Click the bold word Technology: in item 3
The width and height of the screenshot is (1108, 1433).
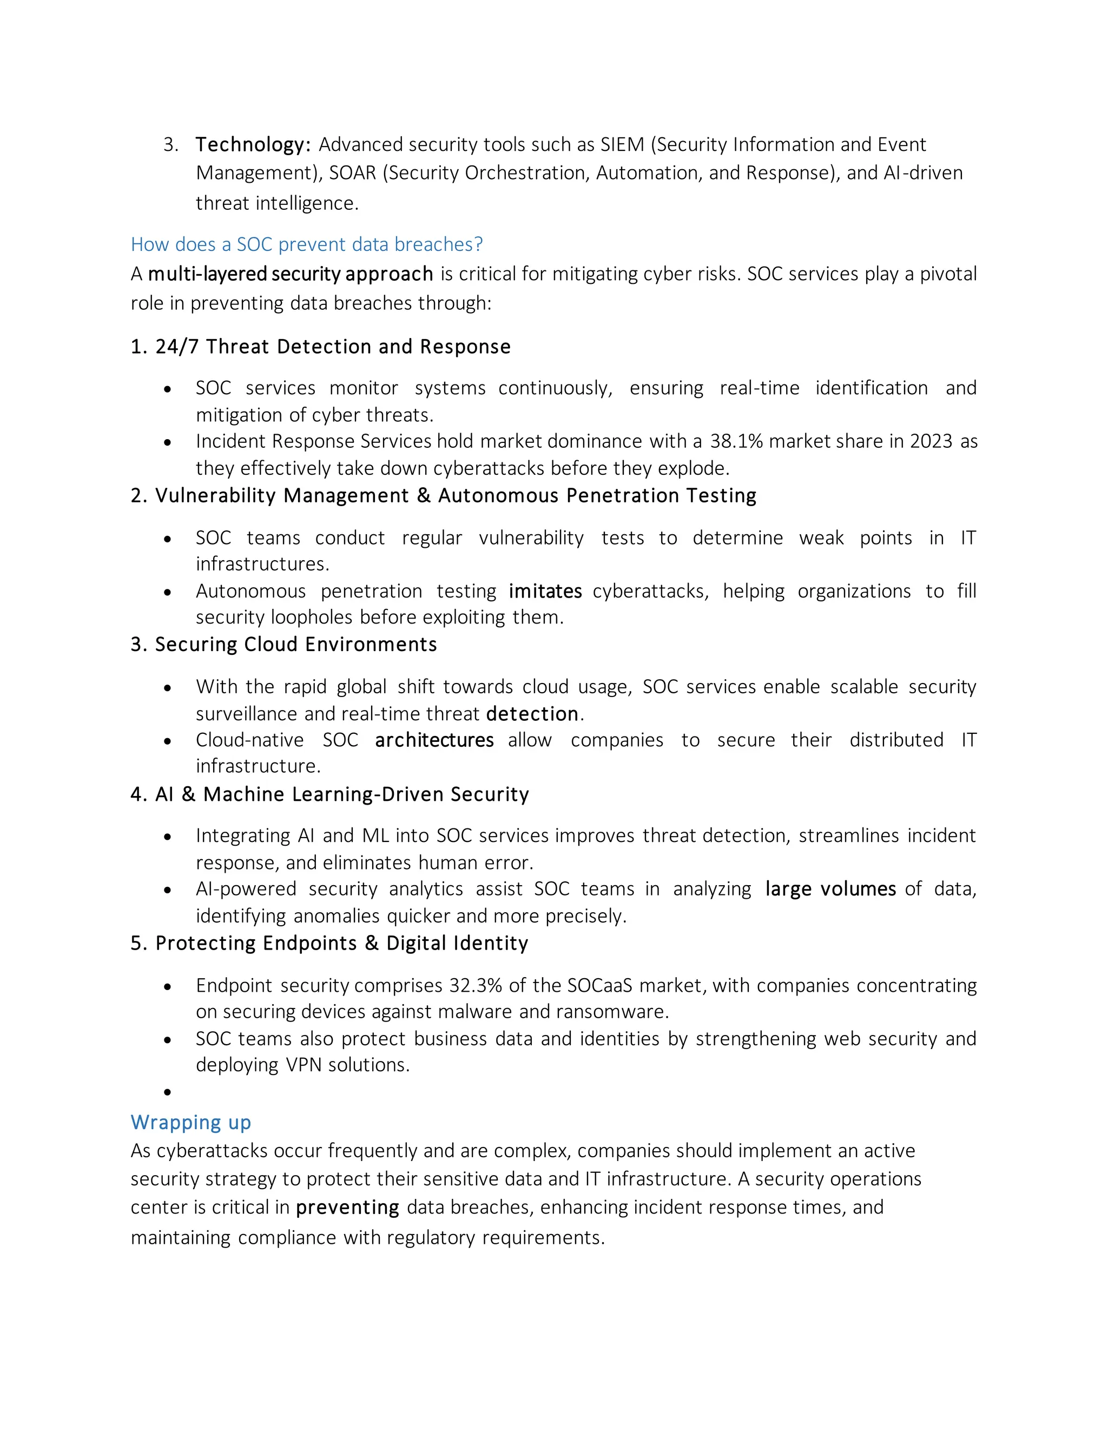[253, 144]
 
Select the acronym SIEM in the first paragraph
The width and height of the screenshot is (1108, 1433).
[622, 144]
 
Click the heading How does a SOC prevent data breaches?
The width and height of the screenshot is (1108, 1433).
[307, 245]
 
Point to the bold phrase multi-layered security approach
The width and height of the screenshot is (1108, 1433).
[290, 274]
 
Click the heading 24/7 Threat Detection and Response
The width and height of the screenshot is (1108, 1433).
[320, 347]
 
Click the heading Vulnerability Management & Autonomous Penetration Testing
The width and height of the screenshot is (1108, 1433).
[443, 495]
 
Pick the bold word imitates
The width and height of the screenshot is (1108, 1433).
[545, 591]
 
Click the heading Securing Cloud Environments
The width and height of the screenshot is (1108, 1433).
[283, 645]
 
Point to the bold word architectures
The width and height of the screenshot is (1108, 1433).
[434, 740]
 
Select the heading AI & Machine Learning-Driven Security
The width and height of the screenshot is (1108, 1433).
[329, 794]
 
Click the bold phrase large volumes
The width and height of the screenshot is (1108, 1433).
[830, 889]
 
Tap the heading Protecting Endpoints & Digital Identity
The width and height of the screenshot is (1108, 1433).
[329, 943]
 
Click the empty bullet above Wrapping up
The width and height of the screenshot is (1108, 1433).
[167, 1092]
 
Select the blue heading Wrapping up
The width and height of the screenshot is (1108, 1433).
[190, 1122]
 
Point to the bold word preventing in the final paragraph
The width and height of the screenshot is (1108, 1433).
[347, 1208]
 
